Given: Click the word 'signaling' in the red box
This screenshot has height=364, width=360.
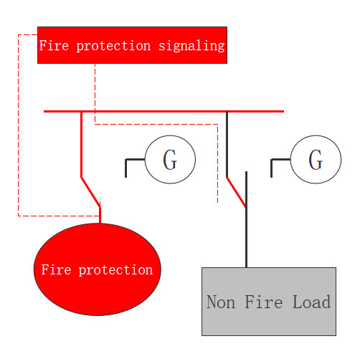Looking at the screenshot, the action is point(191,46).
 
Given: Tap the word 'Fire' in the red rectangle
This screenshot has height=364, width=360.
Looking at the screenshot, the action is point(54,45).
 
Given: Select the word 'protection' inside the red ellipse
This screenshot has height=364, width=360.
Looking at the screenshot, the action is point(115,271).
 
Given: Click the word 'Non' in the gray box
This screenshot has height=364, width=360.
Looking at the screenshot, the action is point(221,302).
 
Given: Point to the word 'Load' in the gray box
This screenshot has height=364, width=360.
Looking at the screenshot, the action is point(312,302).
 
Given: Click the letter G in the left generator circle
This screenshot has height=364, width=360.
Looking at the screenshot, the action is point(170,160).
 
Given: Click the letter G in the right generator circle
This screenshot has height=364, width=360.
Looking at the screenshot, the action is point(316,160).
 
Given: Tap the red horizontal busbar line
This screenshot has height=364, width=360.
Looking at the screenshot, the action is point(164,111).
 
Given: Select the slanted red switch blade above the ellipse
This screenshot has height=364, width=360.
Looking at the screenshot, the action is point(91,192).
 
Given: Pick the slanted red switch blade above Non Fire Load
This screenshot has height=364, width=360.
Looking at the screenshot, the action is point(236,192).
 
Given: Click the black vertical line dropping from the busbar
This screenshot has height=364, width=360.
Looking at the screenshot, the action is point(227,144).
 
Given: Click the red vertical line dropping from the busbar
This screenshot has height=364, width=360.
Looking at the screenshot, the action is point(81,145).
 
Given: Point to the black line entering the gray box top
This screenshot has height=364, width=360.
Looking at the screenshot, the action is point(246,219).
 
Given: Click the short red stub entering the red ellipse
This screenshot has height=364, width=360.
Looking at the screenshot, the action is point(100,216).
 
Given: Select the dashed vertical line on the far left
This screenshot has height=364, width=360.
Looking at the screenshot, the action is point(18,125).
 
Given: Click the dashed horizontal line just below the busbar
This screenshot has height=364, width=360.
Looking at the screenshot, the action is point(156,124).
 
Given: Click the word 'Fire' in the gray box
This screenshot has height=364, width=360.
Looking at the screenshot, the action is point(264,302).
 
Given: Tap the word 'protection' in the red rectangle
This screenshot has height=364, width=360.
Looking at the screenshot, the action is point(113,46).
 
